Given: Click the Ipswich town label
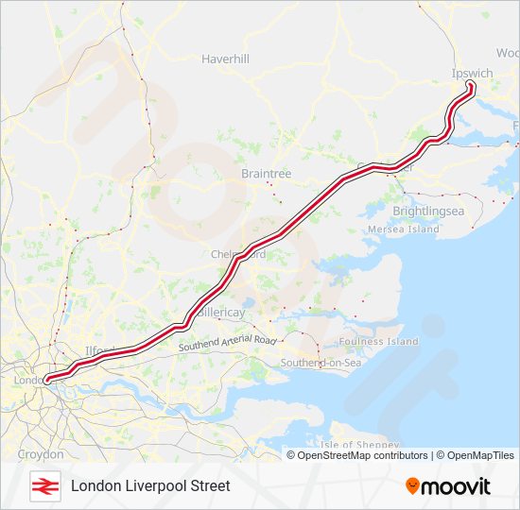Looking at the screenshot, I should coord(473,73).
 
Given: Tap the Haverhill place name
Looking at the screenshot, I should coord(225,59).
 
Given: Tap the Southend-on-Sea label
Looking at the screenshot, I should coord(321,363).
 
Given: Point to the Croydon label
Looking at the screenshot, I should coord(41,454).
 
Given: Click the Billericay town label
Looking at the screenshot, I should coord(221,312).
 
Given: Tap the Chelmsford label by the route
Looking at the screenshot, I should coord(239,255).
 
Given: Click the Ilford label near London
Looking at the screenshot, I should coord(99,350).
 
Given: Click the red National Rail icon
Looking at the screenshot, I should coord(44,485).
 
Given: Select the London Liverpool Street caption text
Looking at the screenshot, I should coord(150,485).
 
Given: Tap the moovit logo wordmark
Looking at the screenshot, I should coord(456,486).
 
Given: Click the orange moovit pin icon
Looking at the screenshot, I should coord(412,485).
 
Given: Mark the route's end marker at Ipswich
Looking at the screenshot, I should coord(471,87).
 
